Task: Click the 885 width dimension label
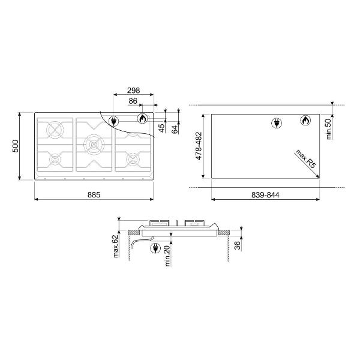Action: click(94, 194)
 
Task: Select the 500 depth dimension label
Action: click(16, 146)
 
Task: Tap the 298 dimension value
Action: click(133, 91)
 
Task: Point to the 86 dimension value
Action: click(133, 101)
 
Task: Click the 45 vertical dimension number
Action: click(162, 128)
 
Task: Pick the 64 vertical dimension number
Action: click(175, 130)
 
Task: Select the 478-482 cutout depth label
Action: click(199, 146)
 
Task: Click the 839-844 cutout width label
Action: click(265, 195)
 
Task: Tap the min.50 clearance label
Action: click(329, 129)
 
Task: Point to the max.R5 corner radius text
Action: click(306, 159)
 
